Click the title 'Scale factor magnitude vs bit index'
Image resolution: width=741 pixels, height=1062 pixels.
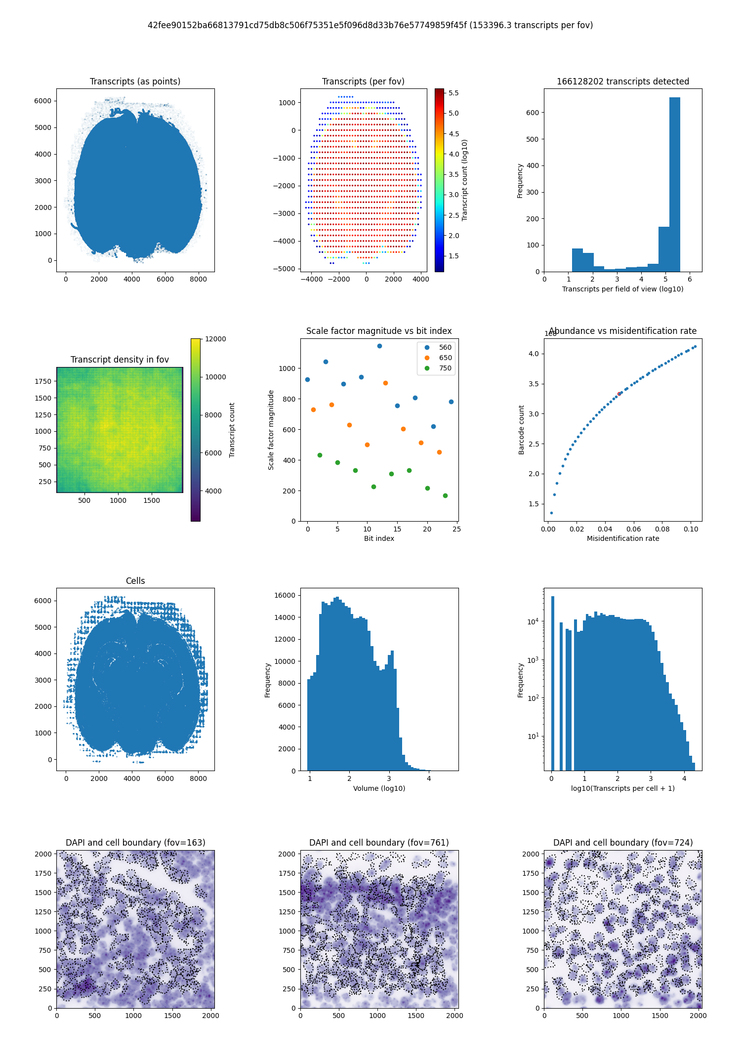(x=379, y=331)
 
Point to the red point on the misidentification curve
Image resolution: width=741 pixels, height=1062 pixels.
(x=619, y=394)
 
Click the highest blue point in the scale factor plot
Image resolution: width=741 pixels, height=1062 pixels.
(x=379, y=346)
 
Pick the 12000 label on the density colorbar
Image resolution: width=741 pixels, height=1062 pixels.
(x=216, y=339)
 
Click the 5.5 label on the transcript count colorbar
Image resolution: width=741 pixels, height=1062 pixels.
(x=453, y=93)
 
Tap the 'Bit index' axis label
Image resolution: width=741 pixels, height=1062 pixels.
(x=379, y=538)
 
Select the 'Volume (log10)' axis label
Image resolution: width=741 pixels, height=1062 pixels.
(x=379, y=788)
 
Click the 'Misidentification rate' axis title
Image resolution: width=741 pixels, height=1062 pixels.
(x=622, y=538)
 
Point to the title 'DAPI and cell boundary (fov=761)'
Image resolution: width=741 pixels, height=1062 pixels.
(x=379, y=843)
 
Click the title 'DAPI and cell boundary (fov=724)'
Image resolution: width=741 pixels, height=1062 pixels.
(x=622, y=843)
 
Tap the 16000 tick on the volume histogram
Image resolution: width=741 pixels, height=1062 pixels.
(x=285, y=595)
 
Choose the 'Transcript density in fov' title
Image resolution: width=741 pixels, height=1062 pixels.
(x=120, y=360)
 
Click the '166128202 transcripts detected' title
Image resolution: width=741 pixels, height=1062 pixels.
(x=622, y=82)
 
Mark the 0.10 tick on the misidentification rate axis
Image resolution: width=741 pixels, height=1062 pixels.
(x=691, y=529)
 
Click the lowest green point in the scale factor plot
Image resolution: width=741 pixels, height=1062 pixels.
(x=445, y=495)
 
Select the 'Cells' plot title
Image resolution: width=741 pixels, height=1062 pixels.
(x=135, y=581)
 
